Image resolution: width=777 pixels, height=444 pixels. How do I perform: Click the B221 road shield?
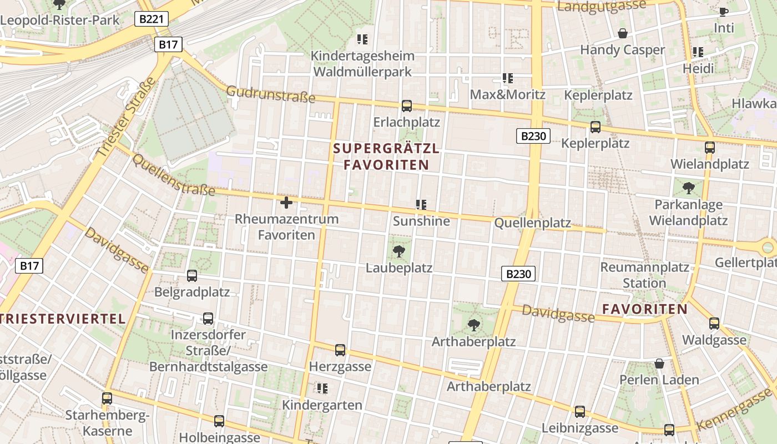(152, 19)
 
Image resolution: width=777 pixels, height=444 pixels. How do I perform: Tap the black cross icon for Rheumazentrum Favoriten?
(286, 203)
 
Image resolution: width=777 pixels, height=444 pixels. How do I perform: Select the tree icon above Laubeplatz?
(398, 251)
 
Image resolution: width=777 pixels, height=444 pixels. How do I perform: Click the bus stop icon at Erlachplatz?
(407, 105)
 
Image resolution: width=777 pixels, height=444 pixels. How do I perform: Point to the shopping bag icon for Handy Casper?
(623, 33)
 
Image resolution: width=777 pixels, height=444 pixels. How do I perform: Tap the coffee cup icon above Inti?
(723, 12)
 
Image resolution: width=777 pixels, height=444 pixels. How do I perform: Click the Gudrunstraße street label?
(271, 94)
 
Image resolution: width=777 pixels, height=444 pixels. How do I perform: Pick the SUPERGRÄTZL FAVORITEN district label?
(386, 157)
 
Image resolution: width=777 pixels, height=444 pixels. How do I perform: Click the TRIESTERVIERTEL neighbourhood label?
(63, 319)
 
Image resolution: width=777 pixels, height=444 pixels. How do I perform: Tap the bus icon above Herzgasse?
(340, 350)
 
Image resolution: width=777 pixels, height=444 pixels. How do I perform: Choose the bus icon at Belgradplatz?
(192, 275)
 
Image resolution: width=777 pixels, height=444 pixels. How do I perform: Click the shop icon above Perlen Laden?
(659, 364)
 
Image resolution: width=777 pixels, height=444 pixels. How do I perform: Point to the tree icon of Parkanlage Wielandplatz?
(689, 188)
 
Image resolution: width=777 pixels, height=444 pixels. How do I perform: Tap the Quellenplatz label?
(532, 223)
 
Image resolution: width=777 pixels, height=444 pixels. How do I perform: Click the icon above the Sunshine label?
(421, 205)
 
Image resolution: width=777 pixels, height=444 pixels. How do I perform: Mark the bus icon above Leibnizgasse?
(580, 411)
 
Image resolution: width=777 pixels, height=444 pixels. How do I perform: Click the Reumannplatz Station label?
(644, 275)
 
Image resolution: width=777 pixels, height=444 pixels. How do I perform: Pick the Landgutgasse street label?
(602, 6)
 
